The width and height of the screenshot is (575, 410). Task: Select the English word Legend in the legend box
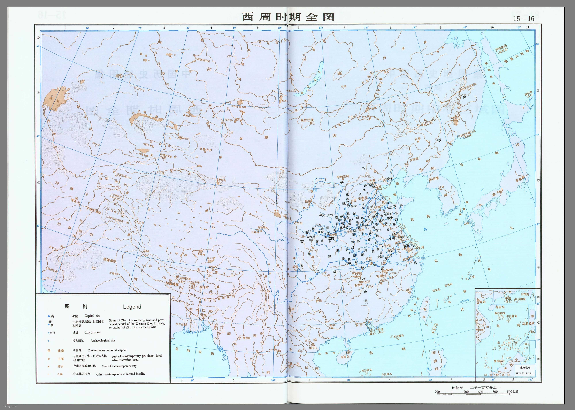132,307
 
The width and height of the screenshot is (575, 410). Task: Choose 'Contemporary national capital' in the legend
107,350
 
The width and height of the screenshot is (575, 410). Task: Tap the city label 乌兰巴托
307,120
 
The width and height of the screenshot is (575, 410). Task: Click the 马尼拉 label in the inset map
527,324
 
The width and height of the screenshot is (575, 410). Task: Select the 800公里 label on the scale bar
512,392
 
